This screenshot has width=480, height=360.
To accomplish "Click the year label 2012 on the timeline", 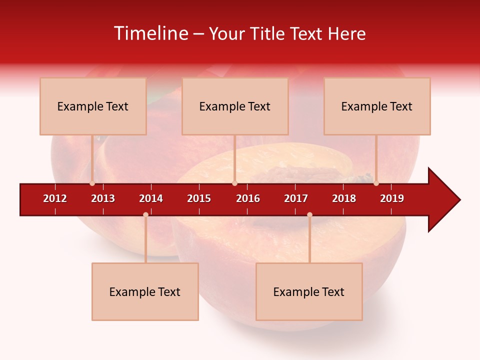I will (x=55, y=198).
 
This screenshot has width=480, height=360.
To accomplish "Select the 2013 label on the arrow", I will (x=103, y=198).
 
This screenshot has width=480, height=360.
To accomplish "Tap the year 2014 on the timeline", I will (x=151, y=198).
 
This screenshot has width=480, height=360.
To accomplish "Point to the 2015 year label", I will (x=199, y=198).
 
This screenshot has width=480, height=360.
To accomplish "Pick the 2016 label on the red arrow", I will (x=248, y=198).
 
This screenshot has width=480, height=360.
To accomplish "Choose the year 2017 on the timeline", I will (x=296, y=198).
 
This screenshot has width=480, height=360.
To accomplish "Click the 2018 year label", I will (x=344, y=198).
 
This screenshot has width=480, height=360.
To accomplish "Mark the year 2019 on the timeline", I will (x=392, y=198).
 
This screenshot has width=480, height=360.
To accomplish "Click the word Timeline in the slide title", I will (x=150, y=33).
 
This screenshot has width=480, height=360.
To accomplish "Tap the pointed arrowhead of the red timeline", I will (x=445, y=199).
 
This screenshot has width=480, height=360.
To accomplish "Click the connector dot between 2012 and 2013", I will (x=92, y=183).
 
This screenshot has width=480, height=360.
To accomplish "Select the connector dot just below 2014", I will (x=145, y=214).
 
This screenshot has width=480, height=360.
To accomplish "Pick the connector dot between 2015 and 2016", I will (x=234, y=183).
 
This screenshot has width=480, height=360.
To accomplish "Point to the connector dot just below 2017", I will (x=309, y=214).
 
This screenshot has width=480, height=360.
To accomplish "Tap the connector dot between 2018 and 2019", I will (x=376, y=183).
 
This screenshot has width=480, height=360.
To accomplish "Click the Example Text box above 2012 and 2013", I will (x=93, y=106).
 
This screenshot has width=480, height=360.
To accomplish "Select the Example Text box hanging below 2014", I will (x=145, y=291).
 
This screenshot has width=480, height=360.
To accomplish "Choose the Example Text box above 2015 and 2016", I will (x=235, y=106).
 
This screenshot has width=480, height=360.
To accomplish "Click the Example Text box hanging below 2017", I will (x=309, y=291).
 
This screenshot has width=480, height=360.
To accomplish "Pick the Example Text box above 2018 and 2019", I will (x=377, y=106).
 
